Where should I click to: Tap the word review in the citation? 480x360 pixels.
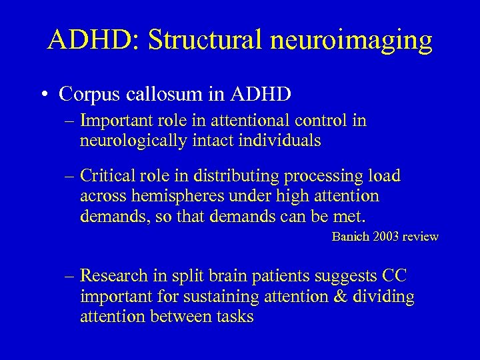pyautogui.click(x=421, y=236)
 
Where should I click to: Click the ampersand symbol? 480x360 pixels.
pyautogui.click(x=344, y=296)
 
